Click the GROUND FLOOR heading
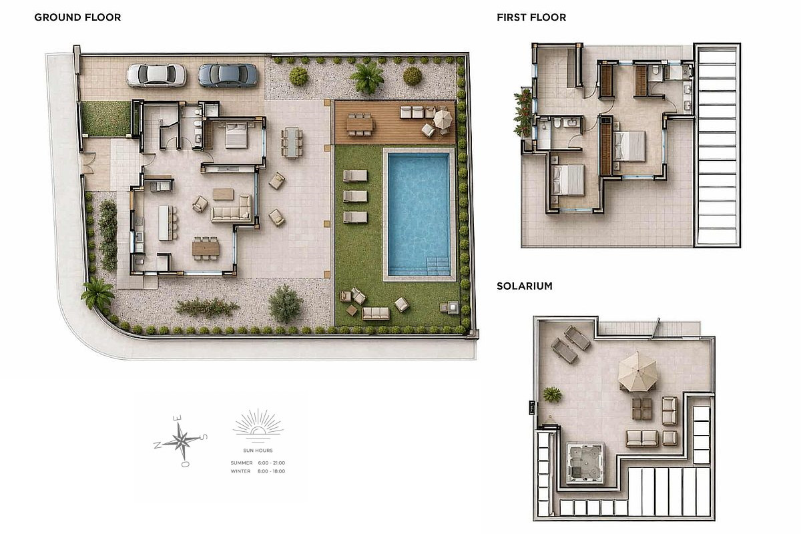pyautogui.click(x=77, y=17)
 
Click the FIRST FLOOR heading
pyautogui.click(x=531, y=17)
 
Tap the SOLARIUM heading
pyautogui.click(x=525, y=286)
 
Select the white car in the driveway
pyautogui.click(x=156, y=75)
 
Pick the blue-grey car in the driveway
pyautogui.click(x=228, y=75)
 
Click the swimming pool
pyautogui.click(x=419, y=214)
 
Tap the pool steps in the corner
pyautogui.click(x=438, y=266)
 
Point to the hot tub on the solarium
pyautogui.click(x=585, y=463)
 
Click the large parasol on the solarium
pyautogui.click(x=638, y=372)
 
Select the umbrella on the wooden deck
pyautogui.click(x=443, y=119)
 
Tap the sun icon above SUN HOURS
pyautogui.click(x=258, y=425)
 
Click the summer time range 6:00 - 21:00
pyautogui.click(x=272, y=463)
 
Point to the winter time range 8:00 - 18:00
pyautogui.click(x=272, y=471)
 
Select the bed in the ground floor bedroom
pyautogui.click(x=236, y=135)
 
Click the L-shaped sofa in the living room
pyautogui.click(x=232, y=209)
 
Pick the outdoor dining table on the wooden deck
pyautogui.click(x=359, y=124)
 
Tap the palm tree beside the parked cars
pyautogui.click(x=367, y=77)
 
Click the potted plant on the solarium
pyautogui.click(x=553, y=394)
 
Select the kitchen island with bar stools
pyautogui.click(x=166, y=222)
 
